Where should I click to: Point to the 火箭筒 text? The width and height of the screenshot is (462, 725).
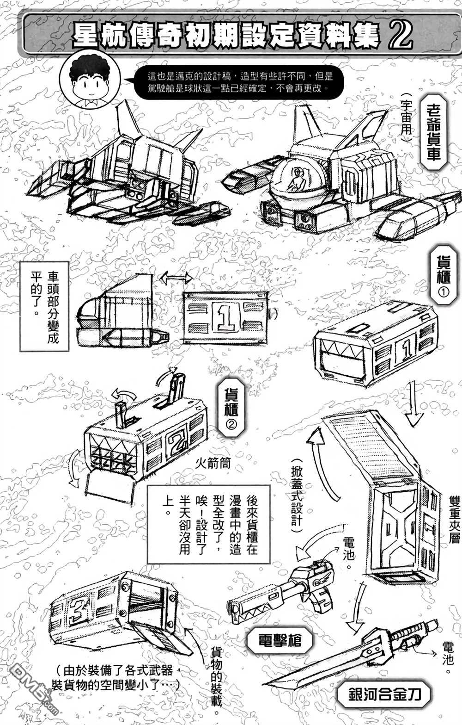pos(212,463)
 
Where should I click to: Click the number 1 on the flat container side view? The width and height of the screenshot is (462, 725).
pos(226,318)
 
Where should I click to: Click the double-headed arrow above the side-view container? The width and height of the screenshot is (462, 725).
pos(176,278)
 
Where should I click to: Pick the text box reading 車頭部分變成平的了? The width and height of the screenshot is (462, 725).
pos(44,305)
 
